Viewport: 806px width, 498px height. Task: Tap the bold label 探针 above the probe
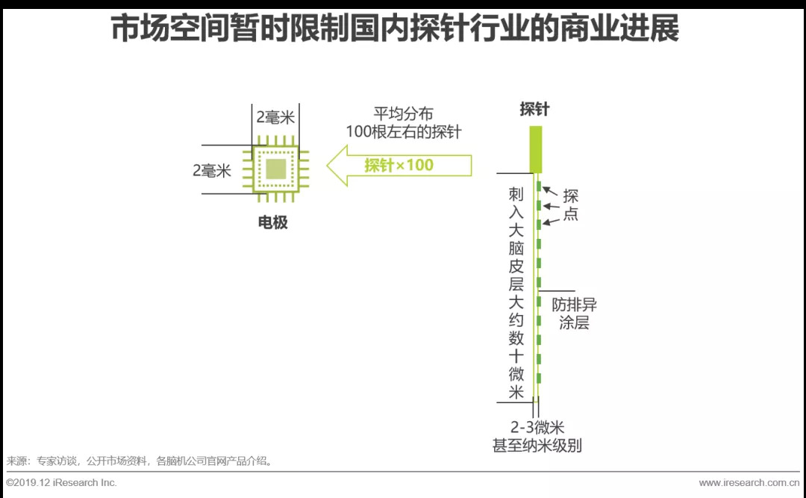tap(534, 109)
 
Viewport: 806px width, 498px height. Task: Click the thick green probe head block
tap(535, 149)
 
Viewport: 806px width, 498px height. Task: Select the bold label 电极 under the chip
tap(272, 222)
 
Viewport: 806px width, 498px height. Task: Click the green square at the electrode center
tap(275, 169)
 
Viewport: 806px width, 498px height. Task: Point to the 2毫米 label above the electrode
tap(275, 117)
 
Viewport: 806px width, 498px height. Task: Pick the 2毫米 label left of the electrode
tap(212, 171)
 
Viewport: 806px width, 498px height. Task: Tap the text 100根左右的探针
tap(404, 132)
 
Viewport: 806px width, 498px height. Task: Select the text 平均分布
tap(403, 115)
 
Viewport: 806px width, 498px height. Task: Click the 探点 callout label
tap(571, 205)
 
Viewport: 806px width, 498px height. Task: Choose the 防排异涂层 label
tap(574, 314)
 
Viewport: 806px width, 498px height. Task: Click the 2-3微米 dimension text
tap(537, 428)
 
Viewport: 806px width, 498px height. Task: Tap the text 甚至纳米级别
tap(537, 446)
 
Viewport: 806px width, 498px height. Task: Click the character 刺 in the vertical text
tap(516, 195)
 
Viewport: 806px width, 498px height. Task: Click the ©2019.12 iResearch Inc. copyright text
tap(62, 482)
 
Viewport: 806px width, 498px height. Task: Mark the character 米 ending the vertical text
tap(516, 392)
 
